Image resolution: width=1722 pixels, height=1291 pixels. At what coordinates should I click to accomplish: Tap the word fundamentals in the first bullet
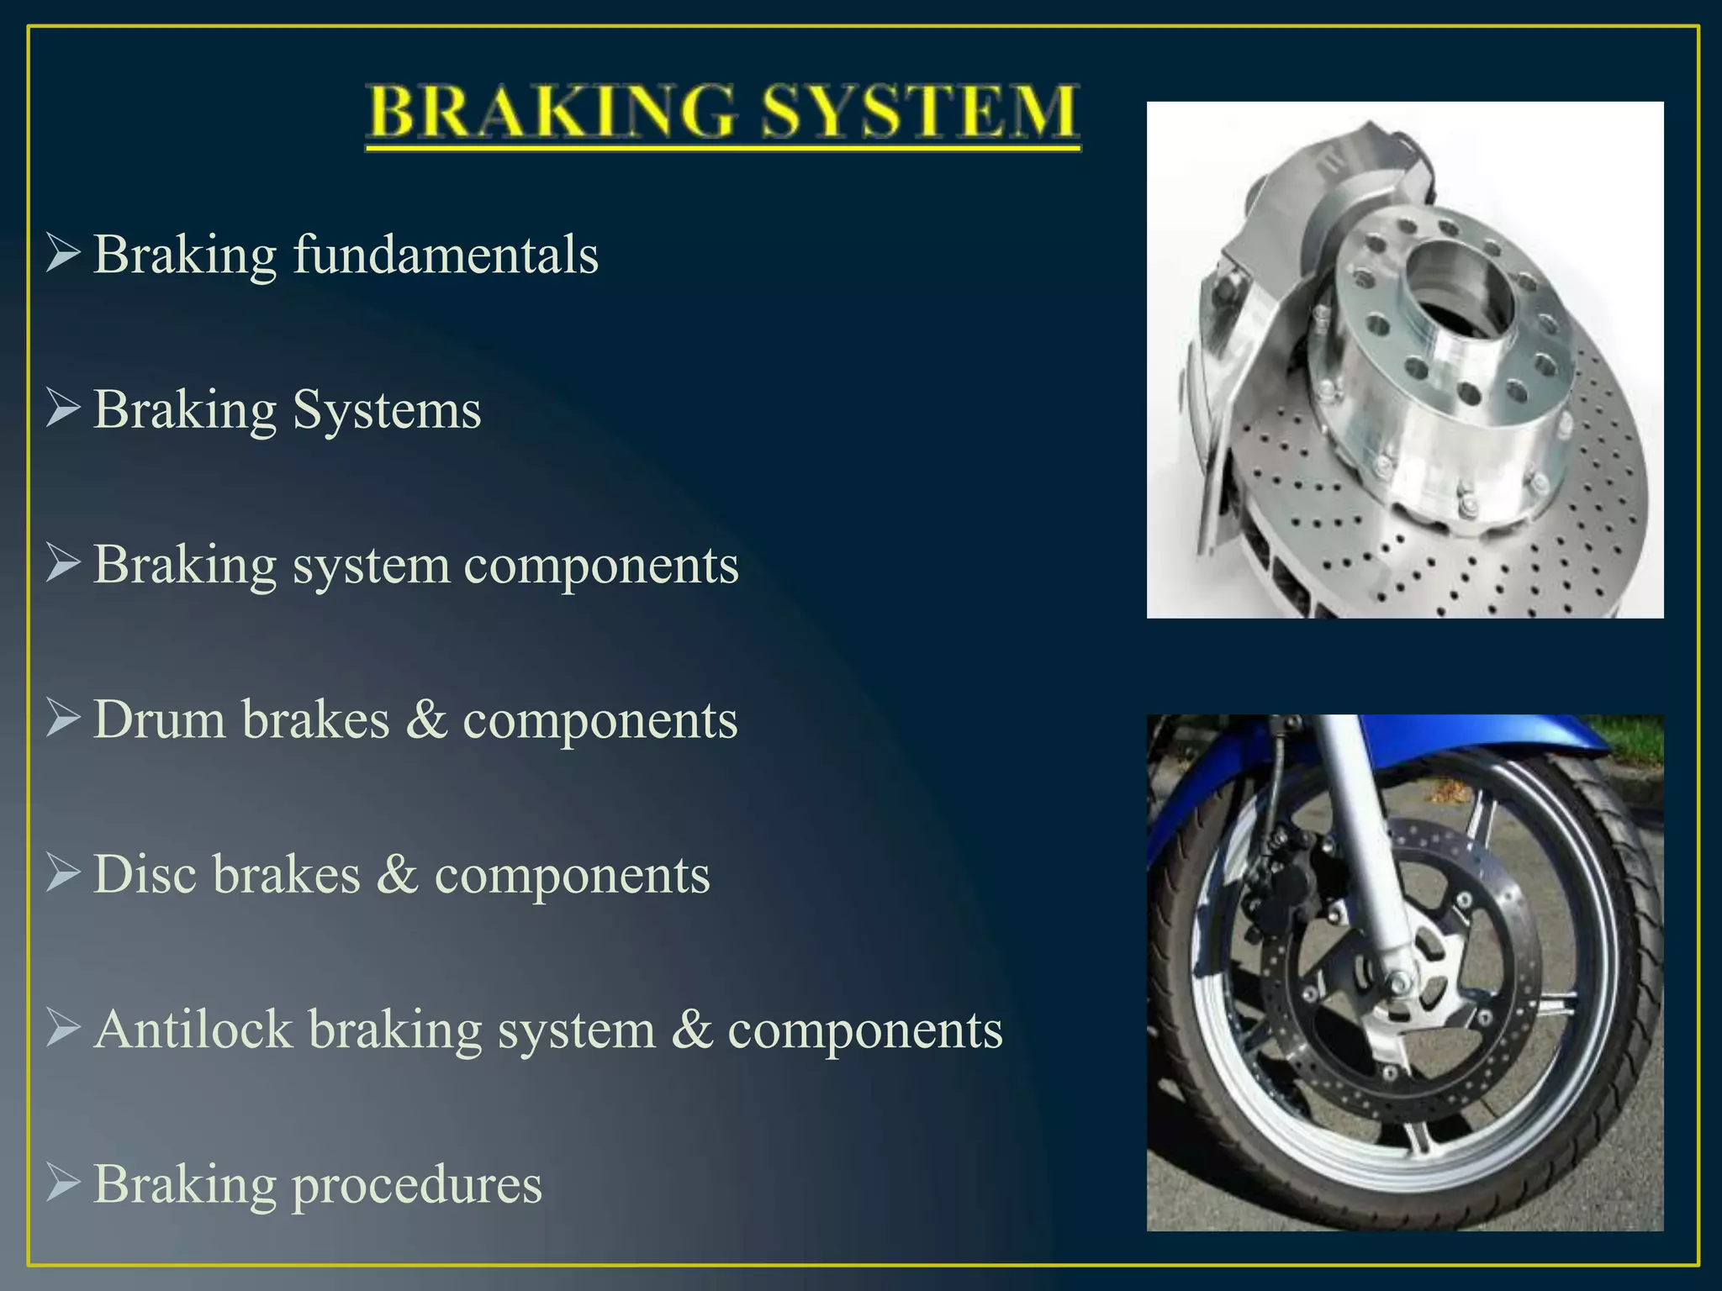pos(445,255)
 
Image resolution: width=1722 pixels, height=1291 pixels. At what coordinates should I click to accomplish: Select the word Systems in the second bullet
pos(387,410)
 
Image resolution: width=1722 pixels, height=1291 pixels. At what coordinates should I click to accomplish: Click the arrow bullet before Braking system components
pos(63,563)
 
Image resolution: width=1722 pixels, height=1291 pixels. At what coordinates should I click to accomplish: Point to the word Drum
pos(159,720)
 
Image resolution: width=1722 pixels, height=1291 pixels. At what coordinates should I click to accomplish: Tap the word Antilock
pos(193,1030)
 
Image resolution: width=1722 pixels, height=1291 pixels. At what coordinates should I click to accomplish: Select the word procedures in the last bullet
pos(416,1185)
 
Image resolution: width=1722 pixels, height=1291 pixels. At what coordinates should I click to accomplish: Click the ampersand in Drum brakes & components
pos(426,720)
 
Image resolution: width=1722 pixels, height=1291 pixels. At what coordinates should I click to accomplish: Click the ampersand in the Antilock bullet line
pos(691,1030)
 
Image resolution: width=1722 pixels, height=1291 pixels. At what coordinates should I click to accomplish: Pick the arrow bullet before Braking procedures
pos(63,1183)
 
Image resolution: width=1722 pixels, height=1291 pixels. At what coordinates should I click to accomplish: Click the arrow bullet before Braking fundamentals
pos(63,253)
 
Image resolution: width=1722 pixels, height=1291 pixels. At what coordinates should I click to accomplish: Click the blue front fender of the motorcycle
pos(1429,740)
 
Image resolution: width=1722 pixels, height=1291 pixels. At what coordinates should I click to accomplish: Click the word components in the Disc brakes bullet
pos(572,875)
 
